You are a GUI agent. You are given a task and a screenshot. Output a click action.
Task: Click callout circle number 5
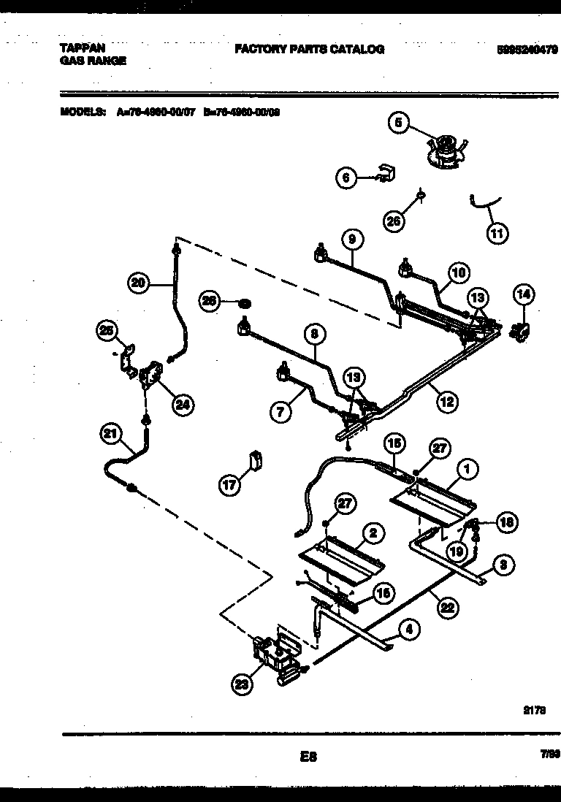pos(398,123)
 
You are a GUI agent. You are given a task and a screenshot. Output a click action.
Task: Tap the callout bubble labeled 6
pos(346,177)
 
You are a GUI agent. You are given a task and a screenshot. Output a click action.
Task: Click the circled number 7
pos(280,411)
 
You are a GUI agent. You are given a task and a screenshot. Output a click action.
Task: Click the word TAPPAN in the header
pos(77,49)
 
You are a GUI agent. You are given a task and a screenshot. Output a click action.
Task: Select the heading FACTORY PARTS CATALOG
pos(309,50)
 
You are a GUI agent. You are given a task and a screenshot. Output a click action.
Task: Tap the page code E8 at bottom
pos(308,757)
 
